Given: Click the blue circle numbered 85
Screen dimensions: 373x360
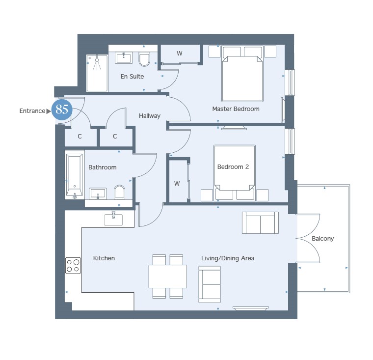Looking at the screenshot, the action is (x=62, y=110).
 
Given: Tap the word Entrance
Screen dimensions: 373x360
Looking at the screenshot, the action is (x=32, y=111).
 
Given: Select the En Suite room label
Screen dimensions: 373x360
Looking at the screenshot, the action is (x=132, y=77).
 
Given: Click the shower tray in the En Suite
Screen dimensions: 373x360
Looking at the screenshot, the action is (x=97, y=73).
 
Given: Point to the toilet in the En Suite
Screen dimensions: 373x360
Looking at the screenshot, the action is (x=144, y=59).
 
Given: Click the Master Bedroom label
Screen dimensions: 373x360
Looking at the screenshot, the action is (x=236, y=109).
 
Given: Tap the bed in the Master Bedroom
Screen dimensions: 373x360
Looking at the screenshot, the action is (x=242, y=74).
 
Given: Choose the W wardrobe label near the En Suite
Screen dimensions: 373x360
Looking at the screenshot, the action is (x=179, y=54).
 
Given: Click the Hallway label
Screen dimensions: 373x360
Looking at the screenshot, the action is (x=149, y=116).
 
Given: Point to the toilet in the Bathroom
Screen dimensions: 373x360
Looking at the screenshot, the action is (x=119, y=192).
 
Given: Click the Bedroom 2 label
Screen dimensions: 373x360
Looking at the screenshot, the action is (x=233, y=166).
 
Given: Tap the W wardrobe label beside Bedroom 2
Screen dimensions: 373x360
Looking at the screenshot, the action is (x=177, y=184).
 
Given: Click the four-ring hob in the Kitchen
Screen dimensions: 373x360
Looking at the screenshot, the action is (x=73, y=266).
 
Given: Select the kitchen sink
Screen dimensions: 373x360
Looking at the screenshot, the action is (x=113, y=219).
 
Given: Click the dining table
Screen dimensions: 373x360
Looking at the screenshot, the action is (x=168, y=277).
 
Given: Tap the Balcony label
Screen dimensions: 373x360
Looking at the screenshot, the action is (x=322, y=239).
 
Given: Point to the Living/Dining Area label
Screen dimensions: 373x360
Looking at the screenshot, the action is (x=228, y=258).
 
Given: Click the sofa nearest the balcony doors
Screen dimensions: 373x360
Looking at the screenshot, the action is (x=260, y=222).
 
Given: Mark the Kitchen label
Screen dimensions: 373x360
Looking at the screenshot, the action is (x=104, y=258).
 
